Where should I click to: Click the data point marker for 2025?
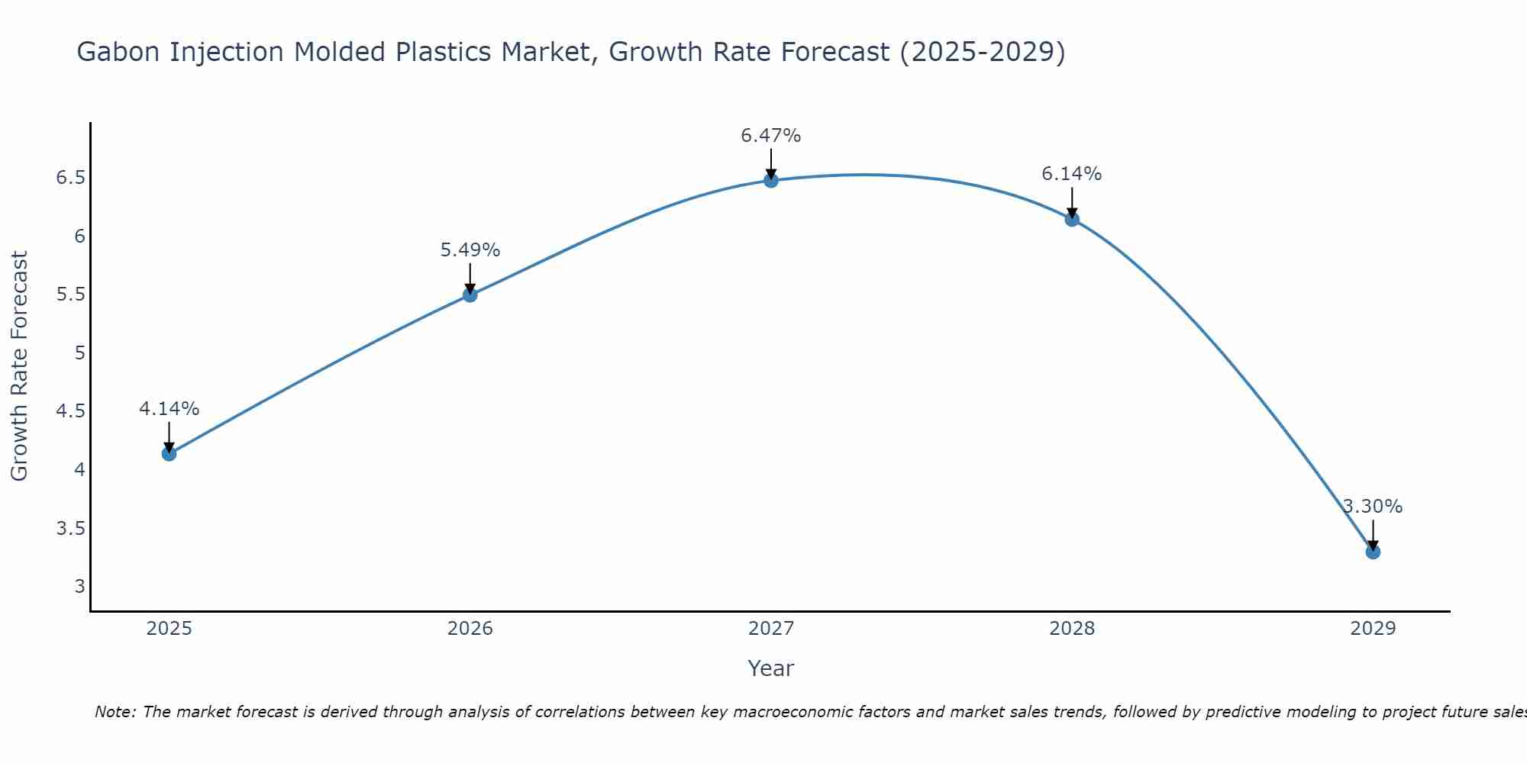tap(169, 454)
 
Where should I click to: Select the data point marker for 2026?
tap(470, 295)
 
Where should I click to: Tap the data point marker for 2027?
tap(770, 181)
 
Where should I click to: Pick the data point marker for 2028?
tap(1071, 220)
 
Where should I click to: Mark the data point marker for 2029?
tap(1372, 552)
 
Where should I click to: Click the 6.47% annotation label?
tap(770, 136)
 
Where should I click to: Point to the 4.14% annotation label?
tap(169, 409)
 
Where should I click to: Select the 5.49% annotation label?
tap(470, 250)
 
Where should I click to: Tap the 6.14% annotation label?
tap(1071, 174)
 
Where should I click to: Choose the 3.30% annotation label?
tap(1372, 507)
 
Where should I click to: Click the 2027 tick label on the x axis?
tap(770, 629)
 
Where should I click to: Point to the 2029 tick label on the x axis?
tap(1372, 629)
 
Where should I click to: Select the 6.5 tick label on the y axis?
tap(70, 178)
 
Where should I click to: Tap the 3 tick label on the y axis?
tap(79, 587)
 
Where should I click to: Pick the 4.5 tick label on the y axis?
tap(70, 411)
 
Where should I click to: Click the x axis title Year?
tap(770, 668)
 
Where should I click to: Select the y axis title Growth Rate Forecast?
tap(19, 366)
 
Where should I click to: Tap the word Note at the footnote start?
tap(114, 712)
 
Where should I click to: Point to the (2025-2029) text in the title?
tap(982, 52)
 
